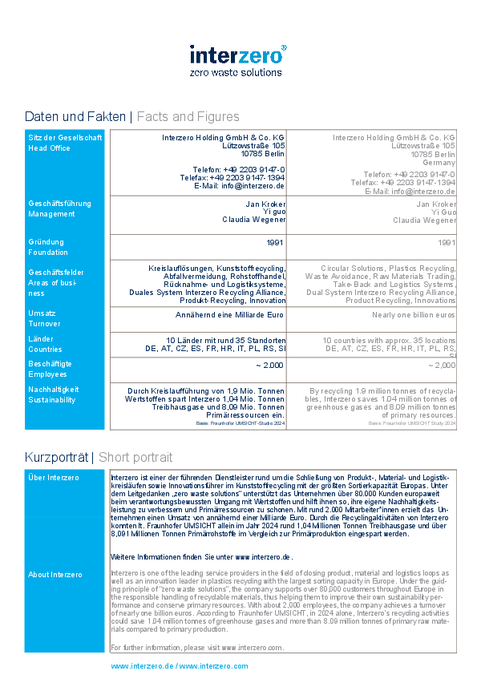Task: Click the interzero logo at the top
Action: click(237, 55)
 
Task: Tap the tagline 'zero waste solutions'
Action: click(236, 72)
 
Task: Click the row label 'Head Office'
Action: click(49, 148)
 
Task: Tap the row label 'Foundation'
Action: click(48, 253)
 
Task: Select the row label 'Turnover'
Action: click(44, 324)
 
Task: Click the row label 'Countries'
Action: click(45, 350)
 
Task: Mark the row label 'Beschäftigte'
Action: click(50, 364)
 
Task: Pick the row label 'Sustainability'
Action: click(52, 399)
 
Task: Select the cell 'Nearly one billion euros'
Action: click(414, 316)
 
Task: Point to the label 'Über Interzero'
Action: click(54, 478)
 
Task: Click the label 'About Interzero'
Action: click(55, 575)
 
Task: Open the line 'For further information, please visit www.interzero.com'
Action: click(197, 647)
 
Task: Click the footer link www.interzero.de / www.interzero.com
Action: click(179, 666)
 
